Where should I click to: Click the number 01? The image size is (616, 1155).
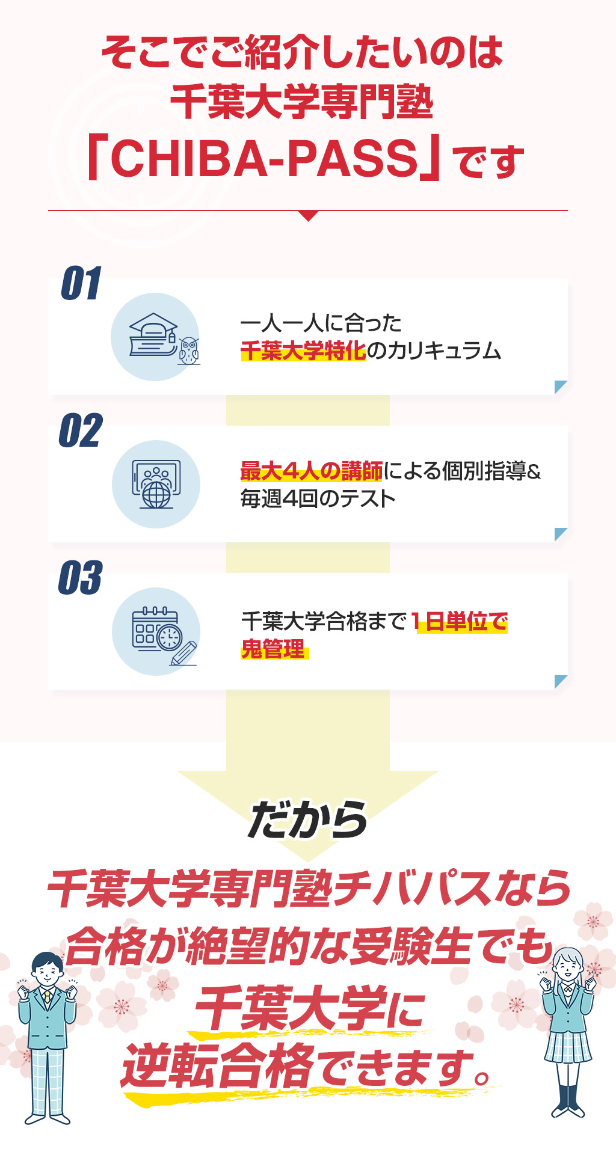tap(81, 283)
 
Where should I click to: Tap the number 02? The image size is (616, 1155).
tap(81, 430)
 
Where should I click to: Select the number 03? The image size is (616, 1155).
tap(81, 578)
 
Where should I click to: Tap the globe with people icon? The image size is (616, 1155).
tap(156, 485)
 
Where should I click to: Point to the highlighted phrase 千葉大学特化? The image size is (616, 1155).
tap(303, 350)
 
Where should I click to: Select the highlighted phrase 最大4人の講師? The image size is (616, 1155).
tap(312, 471)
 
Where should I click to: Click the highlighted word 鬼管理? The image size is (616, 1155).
tap(274, 649)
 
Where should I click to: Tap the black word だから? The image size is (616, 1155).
tap(307, 820)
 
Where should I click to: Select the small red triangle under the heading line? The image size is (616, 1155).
tap(308, 216)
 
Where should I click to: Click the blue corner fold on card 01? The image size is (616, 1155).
tap(561, 387)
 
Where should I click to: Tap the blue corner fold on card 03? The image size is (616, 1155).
tap(561, 682)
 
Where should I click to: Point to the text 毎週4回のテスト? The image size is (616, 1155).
tap(318, 499)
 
